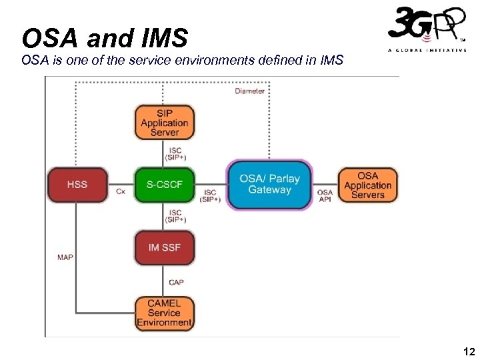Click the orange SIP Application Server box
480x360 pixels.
[164, 123]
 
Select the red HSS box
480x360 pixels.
[77, 184]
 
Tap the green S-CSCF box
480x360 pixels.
[164, 184]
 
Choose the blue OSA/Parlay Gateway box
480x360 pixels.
[269, 185]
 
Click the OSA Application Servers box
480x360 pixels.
[368, 185]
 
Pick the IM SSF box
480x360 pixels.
[164, 247]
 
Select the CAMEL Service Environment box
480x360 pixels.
[164, 313]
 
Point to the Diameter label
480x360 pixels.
[249, 91]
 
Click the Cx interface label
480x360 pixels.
[121, 191]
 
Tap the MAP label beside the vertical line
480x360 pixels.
[65, 257]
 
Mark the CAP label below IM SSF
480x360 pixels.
[176, 283]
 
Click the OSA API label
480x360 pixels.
[325, 195]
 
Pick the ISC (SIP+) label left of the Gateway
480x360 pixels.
[210, 195]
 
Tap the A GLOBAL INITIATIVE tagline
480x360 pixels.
[427, 51]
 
